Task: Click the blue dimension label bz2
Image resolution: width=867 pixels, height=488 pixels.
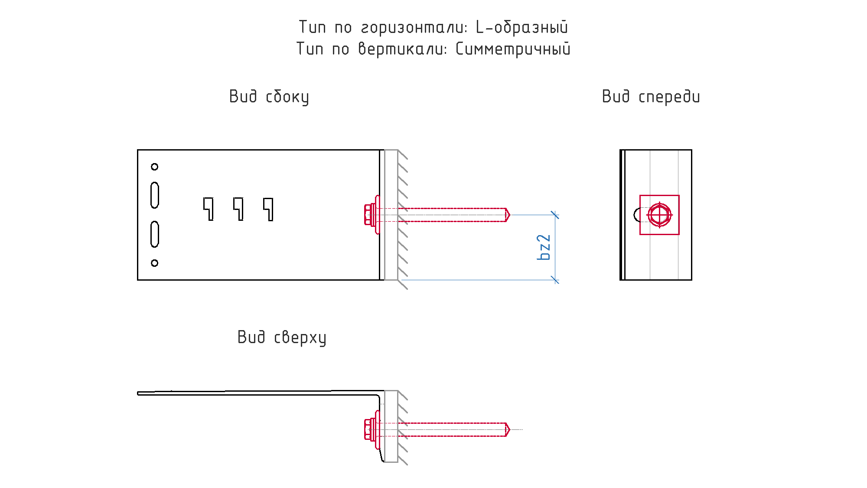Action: [544, 247]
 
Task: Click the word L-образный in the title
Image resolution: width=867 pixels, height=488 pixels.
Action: [522, 27]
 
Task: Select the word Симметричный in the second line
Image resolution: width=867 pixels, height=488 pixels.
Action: [513, 49]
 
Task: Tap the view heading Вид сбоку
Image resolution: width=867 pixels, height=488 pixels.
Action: [269, 97]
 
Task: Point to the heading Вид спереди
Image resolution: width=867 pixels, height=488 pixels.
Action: [651, 97]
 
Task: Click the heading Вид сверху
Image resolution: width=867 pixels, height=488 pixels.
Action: [282, 337]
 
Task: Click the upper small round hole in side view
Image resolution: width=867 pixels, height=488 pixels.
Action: [154, 167]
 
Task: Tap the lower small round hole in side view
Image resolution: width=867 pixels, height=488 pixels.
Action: [154, 263]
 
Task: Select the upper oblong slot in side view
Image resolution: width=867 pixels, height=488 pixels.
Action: [154, 195]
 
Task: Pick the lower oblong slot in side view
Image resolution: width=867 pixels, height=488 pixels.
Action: [154, 234]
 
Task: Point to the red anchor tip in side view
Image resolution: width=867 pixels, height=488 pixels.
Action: [508, 215]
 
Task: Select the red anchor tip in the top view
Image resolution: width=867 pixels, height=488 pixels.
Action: [508, 429]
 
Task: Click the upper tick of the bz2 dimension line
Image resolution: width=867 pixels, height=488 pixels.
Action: [555, 215]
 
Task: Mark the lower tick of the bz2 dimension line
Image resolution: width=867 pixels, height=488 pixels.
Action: [555, 280]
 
